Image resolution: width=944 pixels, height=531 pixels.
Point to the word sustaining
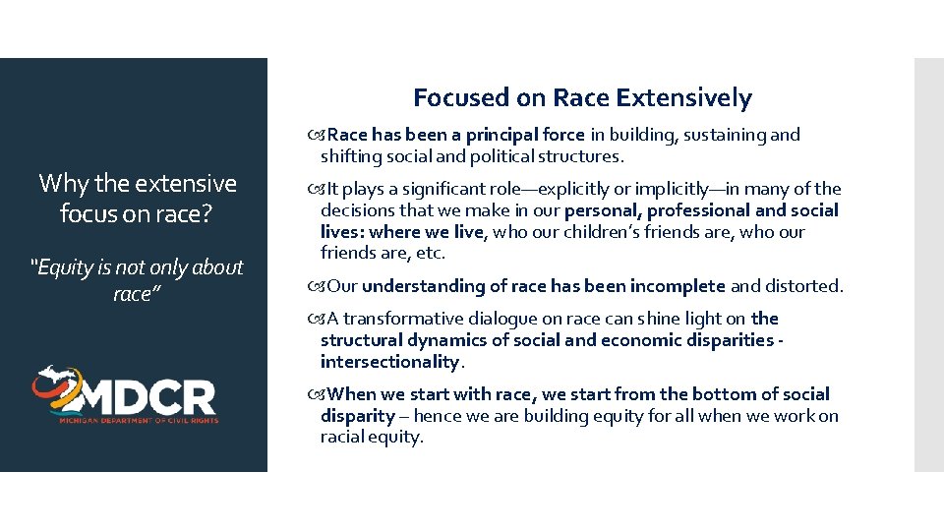coord(715,135)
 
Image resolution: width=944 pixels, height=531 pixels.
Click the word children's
coord(595,232)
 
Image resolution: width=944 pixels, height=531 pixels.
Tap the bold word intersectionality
coord(389,362)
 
